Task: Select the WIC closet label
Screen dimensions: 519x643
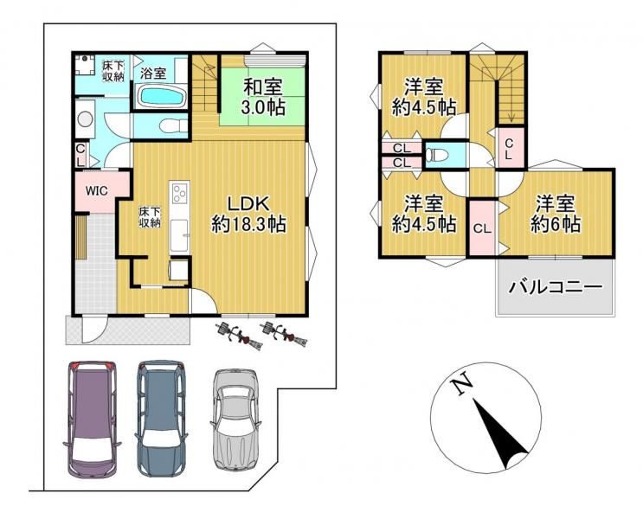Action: pyautogui.click(x=95, y=190)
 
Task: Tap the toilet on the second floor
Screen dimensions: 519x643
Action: pyautogui.click(x=439, y=157)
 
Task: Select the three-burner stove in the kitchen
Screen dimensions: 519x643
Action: pyautogui.click(x=179, y=193)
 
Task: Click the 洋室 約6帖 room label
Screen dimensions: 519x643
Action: pyautogui.click(x=556, y=213)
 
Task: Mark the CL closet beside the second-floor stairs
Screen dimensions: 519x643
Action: pyautogui.click(x=510, y=149)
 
